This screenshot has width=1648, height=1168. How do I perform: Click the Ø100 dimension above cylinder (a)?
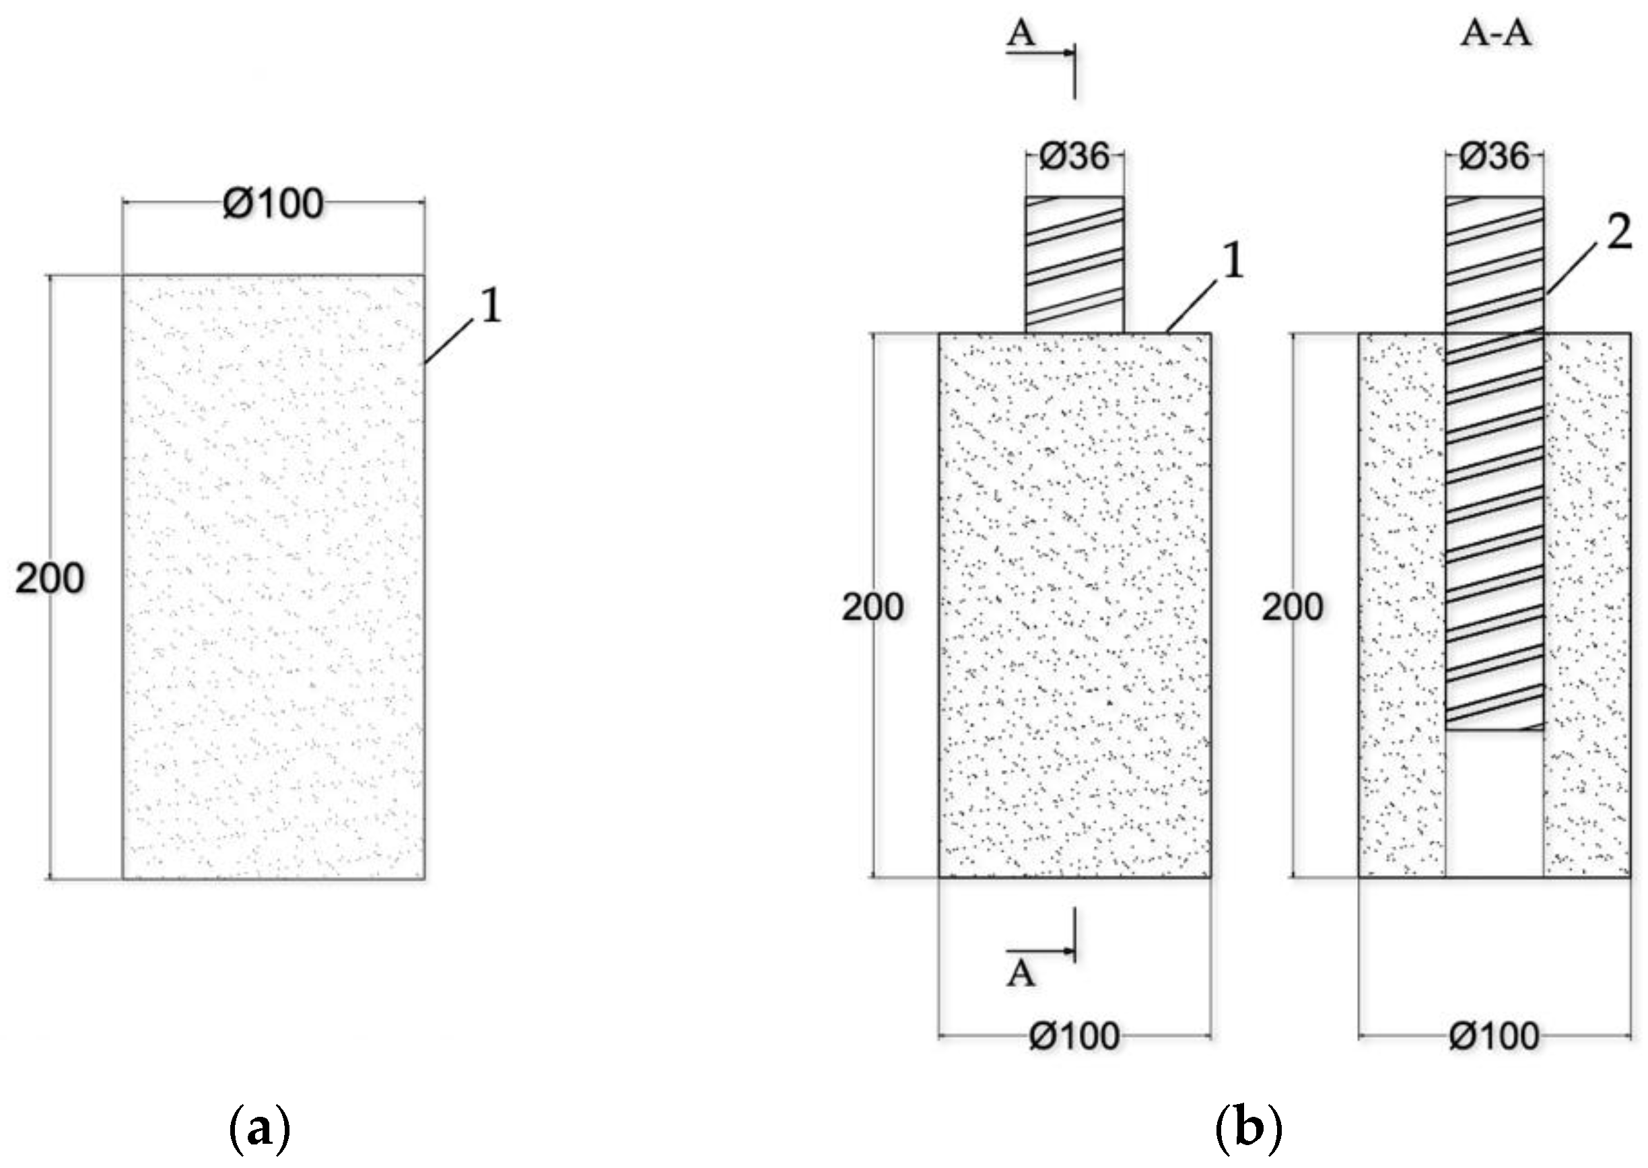coord(273,204)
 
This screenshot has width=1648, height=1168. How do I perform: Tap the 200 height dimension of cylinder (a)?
coord(50,578)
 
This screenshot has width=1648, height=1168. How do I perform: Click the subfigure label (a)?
coord(260,1130)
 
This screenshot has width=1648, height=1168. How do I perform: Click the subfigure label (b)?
coord(1248,1130)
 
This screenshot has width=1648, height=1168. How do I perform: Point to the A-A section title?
coord(1496,34)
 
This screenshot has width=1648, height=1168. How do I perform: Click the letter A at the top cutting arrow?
coord(1021,33)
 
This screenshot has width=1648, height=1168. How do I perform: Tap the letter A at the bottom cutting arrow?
coord(1021,974)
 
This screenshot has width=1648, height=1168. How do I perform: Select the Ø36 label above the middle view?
coord(1074,156)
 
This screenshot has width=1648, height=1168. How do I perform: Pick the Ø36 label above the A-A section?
coord(1494,156)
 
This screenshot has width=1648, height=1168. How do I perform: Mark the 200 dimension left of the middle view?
coord(872,608)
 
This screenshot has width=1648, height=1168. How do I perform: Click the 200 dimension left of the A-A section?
coord(1292,608)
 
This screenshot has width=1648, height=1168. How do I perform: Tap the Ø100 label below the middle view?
coord(1074,1036)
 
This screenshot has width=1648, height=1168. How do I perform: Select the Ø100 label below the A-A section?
coord(1494,1036)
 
